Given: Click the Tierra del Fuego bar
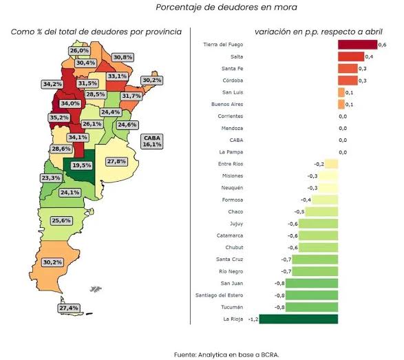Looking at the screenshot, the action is coord(358,45).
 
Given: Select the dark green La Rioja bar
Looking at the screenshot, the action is coord(299,319).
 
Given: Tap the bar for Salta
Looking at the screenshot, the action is coord(351,56).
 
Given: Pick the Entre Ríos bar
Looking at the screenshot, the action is coord(331,164).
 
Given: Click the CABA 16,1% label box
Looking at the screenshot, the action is coord(152,141).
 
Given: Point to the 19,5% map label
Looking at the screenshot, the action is coord(82,165).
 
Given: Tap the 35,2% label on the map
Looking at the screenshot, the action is coord(59,118).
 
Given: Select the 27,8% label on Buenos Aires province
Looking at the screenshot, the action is coord(116,162).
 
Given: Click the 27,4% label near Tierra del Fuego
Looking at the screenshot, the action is coord(69,308).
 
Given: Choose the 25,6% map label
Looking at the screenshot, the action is coord(61,220).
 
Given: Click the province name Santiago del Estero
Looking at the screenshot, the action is coord(219,295).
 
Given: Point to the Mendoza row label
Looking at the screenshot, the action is coord(232,128).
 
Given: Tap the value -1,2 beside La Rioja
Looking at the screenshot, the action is coord(253,319).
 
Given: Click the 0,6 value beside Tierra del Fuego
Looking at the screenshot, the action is coord(383,45).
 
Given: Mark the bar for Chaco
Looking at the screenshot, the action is coord(321,211).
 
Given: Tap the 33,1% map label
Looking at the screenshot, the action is coord(117,76).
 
